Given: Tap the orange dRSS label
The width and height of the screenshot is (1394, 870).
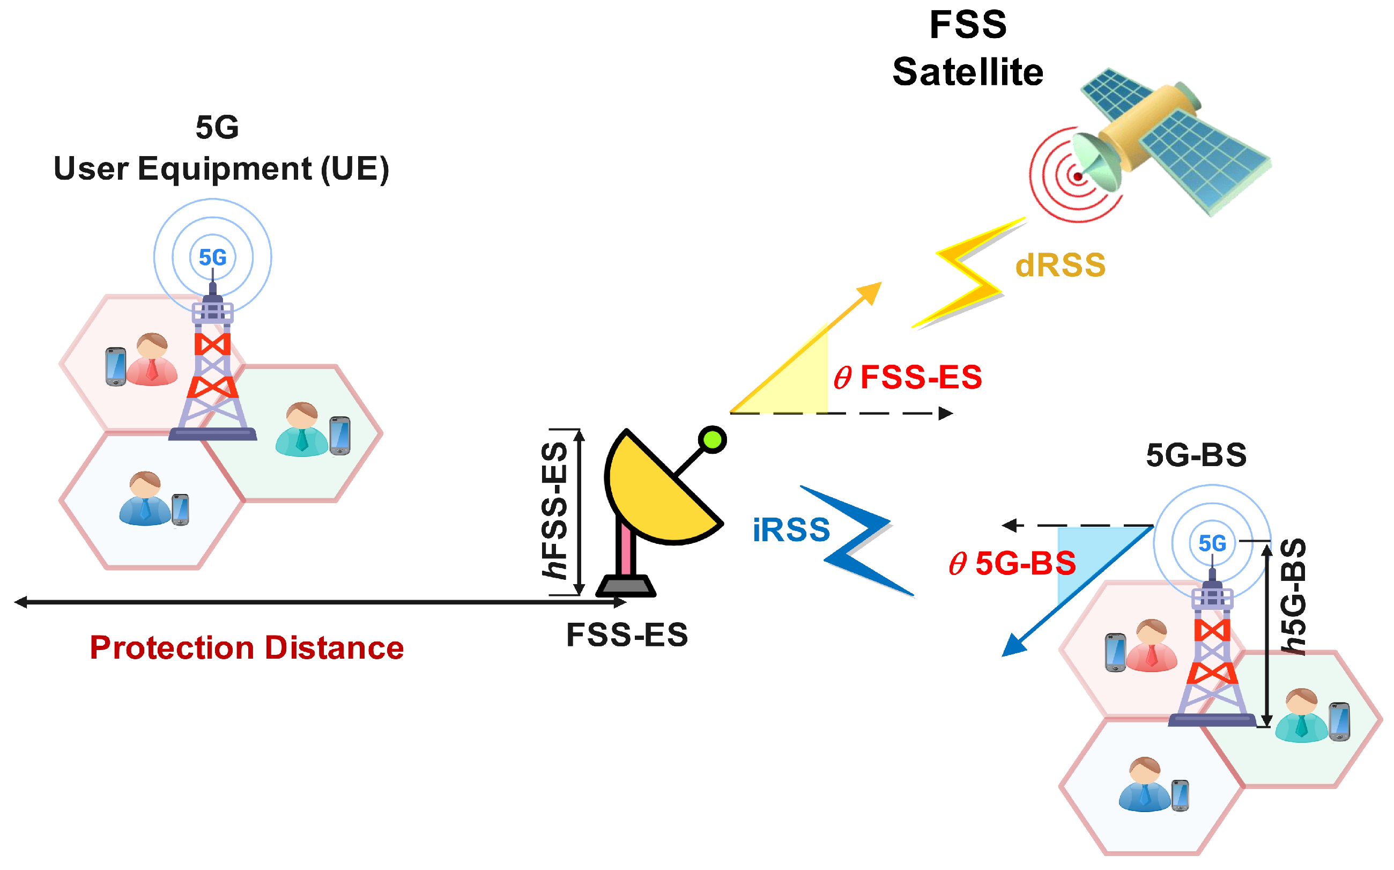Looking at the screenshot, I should click(x=1060, y=266).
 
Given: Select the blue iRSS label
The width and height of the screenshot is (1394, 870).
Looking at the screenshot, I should click(x=791, y=530).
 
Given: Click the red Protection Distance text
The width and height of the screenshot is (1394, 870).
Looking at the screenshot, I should click(x=247, y=647).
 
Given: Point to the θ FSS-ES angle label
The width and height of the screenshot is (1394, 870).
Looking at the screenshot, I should click(x=908, y=378).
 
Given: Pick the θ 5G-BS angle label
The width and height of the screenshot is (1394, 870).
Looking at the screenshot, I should click(x=1012, y=563).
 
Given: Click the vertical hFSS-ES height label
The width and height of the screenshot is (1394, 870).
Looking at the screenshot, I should click(x=555, y=510).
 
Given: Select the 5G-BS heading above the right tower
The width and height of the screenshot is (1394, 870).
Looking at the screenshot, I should click(x=1196, y=455).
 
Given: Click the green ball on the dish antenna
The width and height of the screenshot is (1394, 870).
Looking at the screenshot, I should click(x=713, y=440).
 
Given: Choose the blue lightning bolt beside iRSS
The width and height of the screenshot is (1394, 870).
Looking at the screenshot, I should click(x=857, y=538).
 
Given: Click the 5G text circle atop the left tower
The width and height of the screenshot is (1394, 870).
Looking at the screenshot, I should click(x=213, y=257).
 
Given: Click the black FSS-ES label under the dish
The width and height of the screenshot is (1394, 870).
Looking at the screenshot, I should click(x=627, y=635).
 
